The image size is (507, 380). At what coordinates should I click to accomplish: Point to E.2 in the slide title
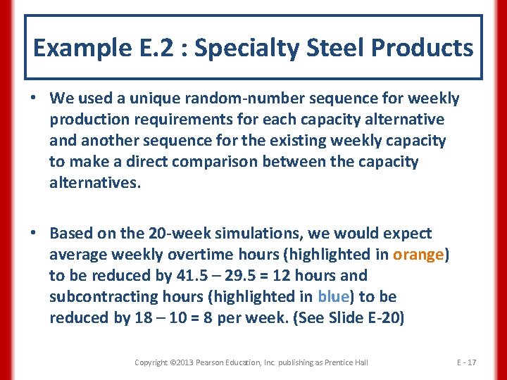(149, 48)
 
